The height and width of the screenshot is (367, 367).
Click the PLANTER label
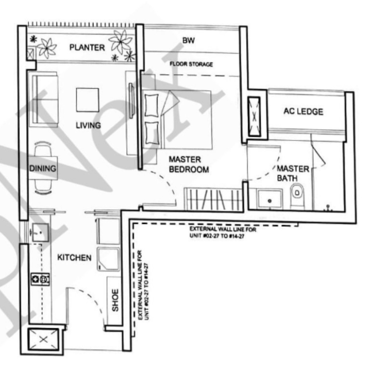coord(87,48)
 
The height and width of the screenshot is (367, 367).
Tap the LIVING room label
coord(88,125)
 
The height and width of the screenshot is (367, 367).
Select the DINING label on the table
coord(43,168)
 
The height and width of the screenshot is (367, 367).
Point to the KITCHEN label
coord(74,257)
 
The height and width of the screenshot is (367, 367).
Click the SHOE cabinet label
coord(115,300)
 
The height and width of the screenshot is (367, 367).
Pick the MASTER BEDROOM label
coord(189,164)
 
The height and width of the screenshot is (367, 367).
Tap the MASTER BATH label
coord(292,173)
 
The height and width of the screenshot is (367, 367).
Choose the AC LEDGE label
coord(303,111)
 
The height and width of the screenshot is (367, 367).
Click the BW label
coord(188,40)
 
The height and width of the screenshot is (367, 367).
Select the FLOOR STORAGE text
coord(191,64)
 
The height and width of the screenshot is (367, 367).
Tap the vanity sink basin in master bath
coord(269,199)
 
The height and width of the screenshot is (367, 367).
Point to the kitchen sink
coord(40,232)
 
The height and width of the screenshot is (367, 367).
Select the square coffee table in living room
coord(88,100)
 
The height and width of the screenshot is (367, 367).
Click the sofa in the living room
coord(45,99)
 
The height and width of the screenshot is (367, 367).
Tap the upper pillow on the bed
coord(152,106)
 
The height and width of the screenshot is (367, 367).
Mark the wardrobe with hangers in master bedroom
coord(213,199)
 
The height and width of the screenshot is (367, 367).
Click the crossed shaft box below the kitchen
coord(43,339)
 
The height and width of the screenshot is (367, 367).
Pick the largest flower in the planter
coord(121,41)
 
